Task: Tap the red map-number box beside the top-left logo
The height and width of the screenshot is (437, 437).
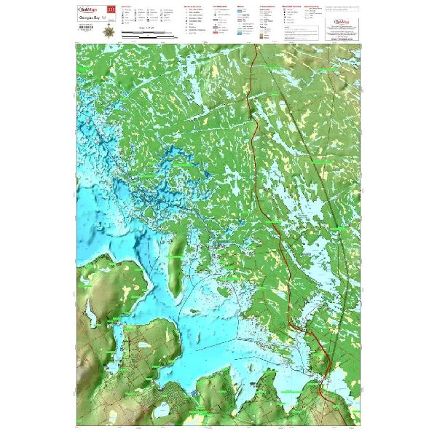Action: [x=111, y=9]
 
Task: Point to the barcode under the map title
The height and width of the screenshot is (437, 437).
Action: [x=86, y=31]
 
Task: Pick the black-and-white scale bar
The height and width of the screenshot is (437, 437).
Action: [x=146, y=34]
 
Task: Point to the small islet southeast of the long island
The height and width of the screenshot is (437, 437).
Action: [x=195, y=291]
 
